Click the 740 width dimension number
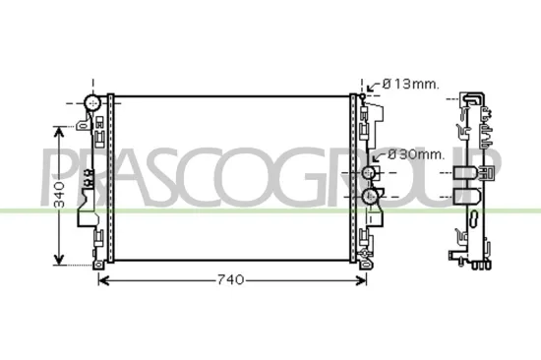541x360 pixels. pos(228,280)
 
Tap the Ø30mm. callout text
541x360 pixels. pos(416,153)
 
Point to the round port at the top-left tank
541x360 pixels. pos(93,102)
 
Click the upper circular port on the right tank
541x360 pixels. pos(370,173)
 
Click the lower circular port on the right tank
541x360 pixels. pos(370,197)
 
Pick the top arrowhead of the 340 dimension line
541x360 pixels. pos(60,126)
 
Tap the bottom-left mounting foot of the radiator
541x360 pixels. pos(98,264)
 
